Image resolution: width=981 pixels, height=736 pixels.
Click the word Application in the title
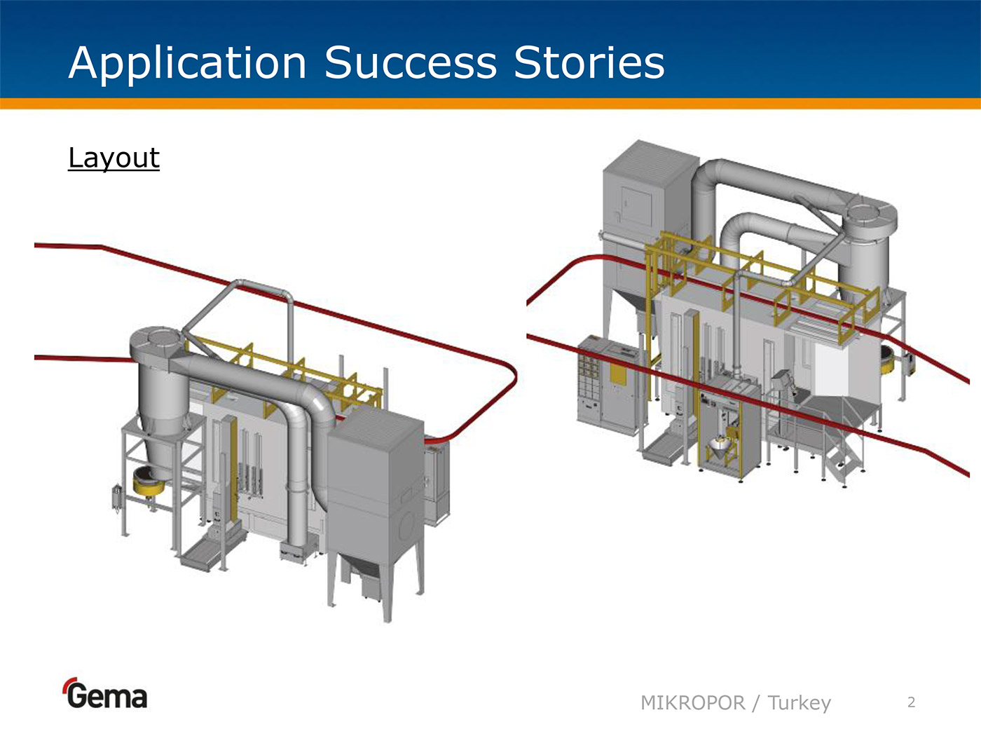pyautogui.click(x=187, y=63)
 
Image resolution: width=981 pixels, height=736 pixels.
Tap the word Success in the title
pyautogui.click(x=410, y=63)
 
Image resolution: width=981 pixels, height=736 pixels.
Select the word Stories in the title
pyautogui.click(x=589, y=63)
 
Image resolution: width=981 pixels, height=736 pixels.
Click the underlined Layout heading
pyautogui.click(x=114, y=158)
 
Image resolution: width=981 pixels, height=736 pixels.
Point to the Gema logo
pyautogui.click(x=106, y=695)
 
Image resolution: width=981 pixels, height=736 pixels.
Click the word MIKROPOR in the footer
pyautogui.click(x=692, y=702)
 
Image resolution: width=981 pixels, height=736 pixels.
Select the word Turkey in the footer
pyautogui.click(x=799, y=702)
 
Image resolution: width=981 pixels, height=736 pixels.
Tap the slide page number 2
pyautogui.click(x=911, y=702)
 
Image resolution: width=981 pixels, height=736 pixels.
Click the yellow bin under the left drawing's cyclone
pyautogui.click(x=149, y=483)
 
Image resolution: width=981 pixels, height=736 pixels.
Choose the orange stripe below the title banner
pyautogui.click(x=490, y=104)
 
